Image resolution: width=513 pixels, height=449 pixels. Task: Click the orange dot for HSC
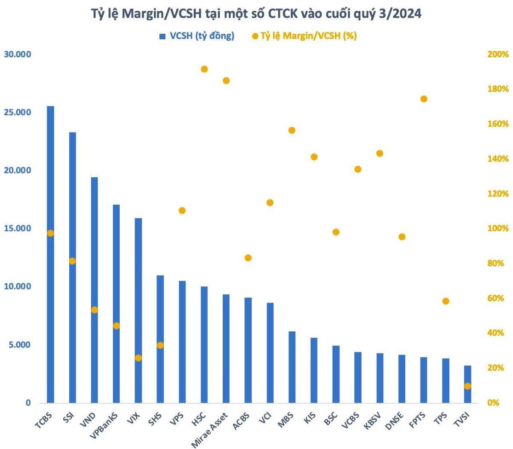(204, 69)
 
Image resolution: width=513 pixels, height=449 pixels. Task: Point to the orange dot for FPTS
(424, 99)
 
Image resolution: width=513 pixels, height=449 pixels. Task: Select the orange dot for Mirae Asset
(226, 81)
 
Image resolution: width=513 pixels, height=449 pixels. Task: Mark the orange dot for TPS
(446, 301)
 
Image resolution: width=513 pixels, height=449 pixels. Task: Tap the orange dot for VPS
(182, 211)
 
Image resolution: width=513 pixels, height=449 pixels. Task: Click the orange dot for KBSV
(380, 153)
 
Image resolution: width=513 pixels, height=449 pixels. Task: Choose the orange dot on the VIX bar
(138, 358)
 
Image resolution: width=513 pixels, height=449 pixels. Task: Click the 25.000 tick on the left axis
(18, 112)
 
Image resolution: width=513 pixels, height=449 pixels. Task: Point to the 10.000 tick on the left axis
(18, 287)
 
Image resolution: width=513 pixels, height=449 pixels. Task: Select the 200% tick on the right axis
(498, 54)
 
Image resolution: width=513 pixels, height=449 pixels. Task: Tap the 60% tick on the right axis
(498, 298)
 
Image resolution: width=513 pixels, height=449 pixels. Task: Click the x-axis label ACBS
(242, 421)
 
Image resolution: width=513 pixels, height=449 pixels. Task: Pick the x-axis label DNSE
(394, 421)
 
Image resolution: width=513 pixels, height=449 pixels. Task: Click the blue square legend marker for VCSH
(162, 36)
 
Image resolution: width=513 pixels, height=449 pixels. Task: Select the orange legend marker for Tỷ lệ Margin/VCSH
(255, 36)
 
